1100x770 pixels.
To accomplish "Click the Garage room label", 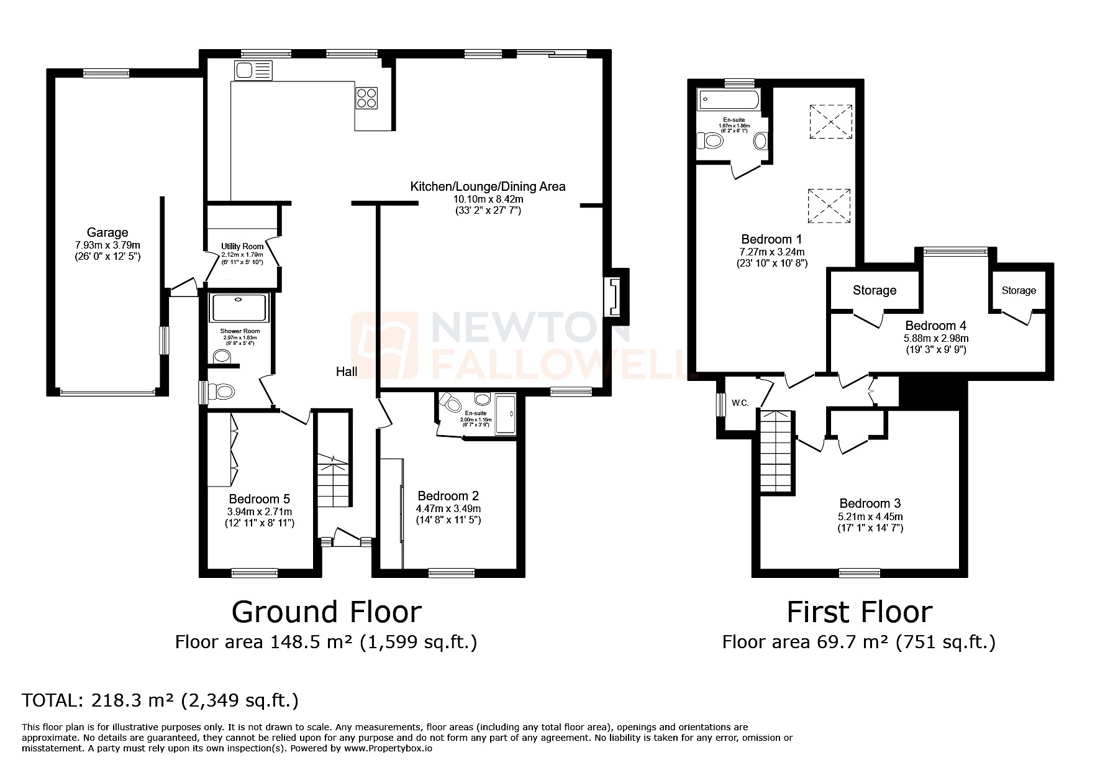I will (107, 233).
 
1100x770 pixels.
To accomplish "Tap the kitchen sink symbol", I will (253, 70).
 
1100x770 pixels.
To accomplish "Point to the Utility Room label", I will (242, 247).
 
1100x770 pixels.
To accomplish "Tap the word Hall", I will (347, 372).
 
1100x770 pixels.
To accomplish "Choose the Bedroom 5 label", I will (259, 499).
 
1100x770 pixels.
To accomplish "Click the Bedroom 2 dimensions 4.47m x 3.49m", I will (448, 508).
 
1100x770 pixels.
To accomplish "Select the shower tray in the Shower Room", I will (240, 308).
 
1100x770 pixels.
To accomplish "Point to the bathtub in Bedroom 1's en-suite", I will (729, 98).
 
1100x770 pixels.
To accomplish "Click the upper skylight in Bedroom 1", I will (830, 121).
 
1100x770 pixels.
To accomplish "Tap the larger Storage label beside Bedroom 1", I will (874, 290).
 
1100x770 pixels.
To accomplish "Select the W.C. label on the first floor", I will (740, 403).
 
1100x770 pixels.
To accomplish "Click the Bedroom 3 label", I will (870, 503).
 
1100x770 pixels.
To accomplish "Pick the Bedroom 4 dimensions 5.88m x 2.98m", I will (935, 339).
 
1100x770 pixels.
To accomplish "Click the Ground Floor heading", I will (326, 612).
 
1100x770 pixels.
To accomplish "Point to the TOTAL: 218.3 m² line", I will (160, 700).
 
